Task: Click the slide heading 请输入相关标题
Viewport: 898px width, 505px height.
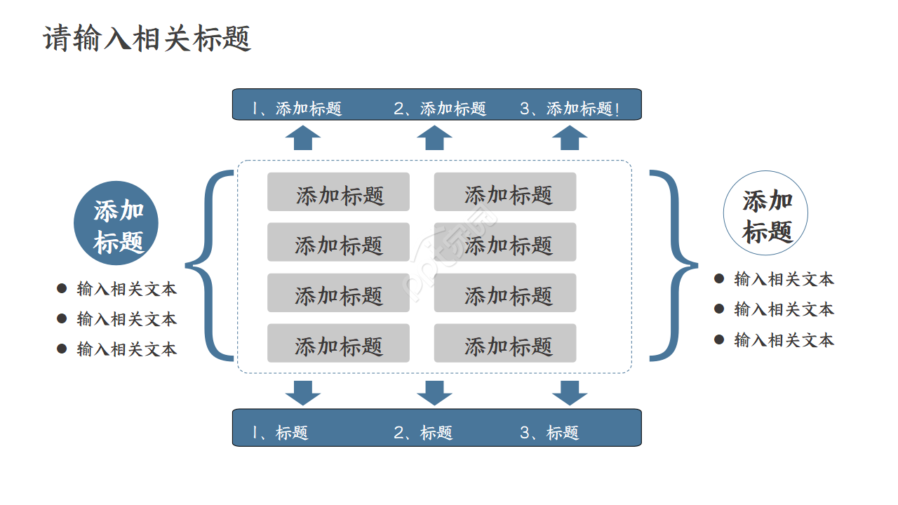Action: click(x=147, y=39)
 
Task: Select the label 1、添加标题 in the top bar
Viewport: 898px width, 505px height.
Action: click(x=297, y=109)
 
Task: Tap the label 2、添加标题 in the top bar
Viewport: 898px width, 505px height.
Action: click(x=440, y=109)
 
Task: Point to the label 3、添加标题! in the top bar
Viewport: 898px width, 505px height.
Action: click(x=570, y=109)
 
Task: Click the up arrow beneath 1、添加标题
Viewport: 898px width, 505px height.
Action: click(x=303, y=138)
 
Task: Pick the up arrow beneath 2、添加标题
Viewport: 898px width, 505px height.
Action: click(x=434, y=138)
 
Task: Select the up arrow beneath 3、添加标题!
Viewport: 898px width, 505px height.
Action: click(x=570, y=138)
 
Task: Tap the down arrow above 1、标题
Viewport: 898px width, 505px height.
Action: click(x=303, y=392)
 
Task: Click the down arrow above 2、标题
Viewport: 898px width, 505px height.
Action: click(x=434, y=392)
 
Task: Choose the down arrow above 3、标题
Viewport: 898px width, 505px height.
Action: click(x=570, y=392)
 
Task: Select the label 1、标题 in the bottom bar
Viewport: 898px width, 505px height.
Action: click(x=281, y=433)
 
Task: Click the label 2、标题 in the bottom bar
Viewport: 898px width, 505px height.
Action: click(x=423, y=433)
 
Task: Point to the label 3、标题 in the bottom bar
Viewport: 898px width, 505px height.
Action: click(x=549, y=433)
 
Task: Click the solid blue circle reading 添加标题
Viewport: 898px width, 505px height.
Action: click(x=116, y=223)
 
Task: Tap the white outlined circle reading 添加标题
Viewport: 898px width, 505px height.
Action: click(x=765, y=213)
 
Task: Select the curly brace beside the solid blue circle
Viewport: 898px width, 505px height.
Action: click(x=208, y=265)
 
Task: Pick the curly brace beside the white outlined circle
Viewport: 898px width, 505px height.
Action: click(x=674, y=265)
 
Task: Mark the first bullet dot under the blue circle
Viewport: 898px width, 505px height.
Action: click(x=62, y=288)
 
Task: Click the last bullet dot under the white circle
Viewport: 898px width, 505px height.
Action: click(x=719, y=339)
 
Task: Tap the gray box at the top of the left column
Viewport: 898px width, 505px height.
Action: click(x=338, y=192)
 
